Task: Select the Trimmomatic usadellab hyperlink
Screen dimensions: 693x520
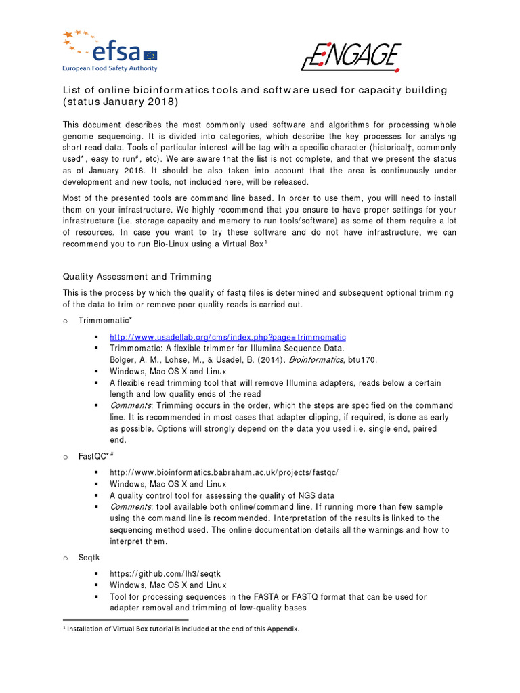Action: [x=227, y=337]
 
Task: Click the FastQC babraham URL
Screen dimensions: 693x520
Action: [x=223, y=472]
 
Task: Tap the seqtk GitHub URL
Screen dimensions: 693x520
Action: [x=165, y=574]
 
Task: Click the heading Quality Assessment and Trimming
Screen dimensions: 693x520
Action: [x=137, y=276]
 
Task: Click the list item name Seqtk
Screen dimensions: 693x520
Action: [x=89, y=557]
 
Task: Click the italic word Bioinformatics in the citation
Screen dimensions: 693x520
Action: [x=316, y=360]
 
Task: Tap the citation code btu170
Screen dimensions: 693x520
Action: [x=362, y=360]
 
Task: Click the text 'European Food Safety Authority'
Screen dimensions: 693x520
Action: [x=110, y=68]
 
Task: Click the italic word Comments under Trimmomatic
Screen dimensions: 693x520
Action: [x=131, y=406]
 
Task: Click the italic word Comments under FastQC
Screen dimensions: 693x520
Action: [x=131, y=507]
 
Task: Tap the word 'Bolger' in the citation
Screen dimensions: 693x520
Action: [x=123, y=360]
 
